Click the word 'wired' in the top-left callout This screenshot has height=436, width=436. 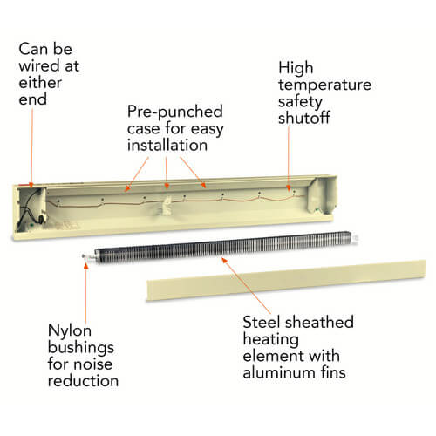coord(39,65)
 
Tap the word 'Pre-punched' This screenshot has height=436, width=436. coord(175,112)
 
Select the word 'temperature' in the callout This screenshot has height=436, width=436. coord(324,85)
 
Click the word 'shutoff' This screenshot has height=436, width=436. coord(303,118)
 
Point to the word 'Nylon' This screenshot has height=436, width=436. coord(70,330)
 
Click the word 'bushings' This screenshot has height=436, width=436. coord(81,348)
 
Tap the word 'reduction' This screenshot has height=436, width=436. coord(83,381)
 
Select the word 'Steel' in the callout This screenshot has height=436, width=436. coord(260,322)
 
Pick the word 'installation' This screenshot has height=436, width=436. coord(167,145)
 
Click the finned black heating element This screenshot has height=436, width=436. coord(223,247)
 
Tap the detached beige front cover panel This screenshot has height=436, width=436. coord(286,280)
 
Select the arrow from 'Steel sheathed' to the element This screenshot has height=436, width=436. coord(246,285)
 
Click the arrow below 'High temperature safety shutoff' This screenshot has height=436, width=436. coord(289,159)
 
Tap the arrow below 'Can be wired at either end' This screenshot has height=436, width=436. coord(31,147)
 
